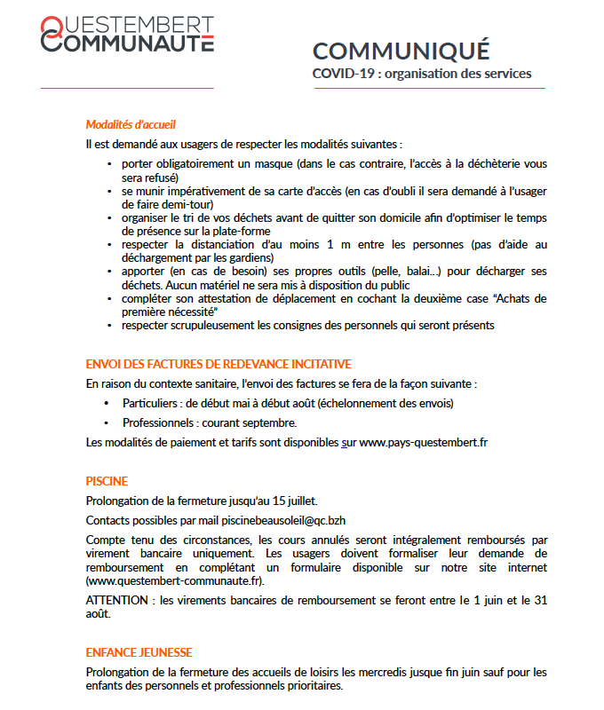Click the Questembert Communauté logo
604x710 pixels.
point(127,34)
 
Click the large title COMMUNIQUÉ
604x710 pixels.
point(401,51)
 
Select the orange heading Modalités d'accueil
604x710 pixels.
point(137,124)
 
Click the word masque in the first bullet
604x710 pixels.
point(283,165)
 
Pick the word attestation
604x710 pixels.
point(224,299)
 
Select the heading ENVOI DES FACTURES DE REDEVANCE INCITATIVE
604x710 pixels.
point(219,364)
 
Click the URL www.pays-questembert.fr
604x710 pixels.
point(424,442)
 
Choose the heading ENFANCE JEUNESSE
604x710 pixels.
point(139,652)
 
